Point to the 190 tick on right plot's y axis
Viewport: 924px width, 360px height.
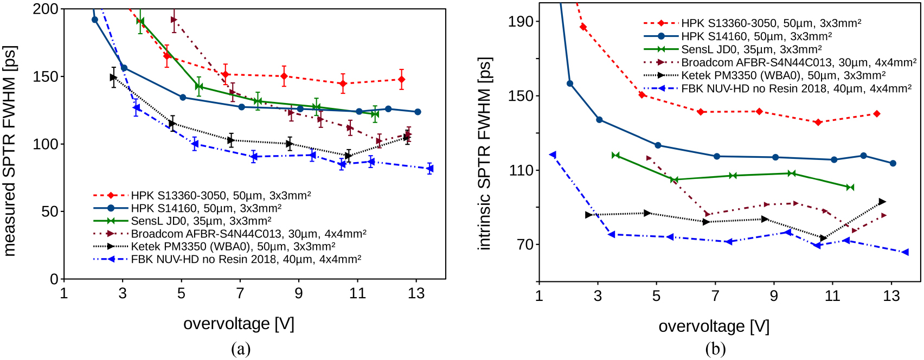click(521, 22)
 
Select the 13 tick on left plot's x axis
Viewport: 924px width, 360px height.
click(416, 294)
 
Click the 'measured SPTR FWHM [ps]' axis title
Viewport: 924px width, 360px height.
click(10, 151)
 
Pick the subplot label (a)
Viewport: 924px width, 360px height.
click(240, 349)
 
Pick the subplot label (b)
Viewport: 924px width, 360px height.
click(715, 349)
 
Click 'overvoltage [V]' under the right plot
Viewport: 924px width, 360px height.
click(714, 326)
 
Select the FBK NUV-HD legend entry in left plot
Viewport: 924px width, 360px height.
click(246, 259)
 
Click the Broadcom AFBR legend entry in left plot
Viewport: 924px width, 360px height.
click(248, 234)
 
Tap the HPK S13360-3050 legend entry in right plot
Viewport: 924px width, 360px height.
click(771, 23)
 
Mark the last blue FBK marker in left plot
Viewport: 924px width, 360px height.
click(430, 169)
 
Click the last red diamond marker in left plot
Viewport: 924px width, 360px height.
click(401, 80)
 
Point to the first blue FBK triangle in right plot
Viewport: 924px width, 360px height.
click(553, 155)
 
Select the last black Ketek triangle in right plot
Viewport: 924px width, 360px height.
click(882, 202)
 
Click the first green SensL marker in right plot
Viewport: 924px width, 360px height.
click(615, 156)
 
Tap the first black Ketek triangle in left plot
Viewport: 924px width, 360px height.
click(113, 78)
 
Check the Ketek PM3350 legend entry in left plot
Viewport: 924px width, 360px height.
click(233, 247)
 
